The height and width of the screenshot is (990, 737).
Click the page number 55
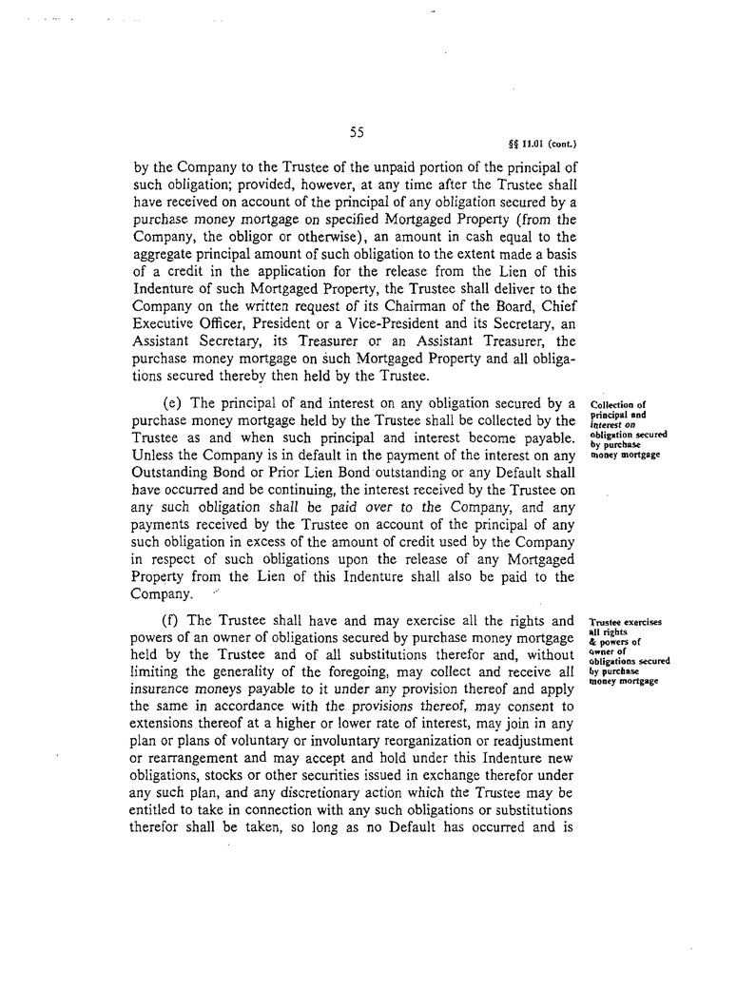pos(358,133)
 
